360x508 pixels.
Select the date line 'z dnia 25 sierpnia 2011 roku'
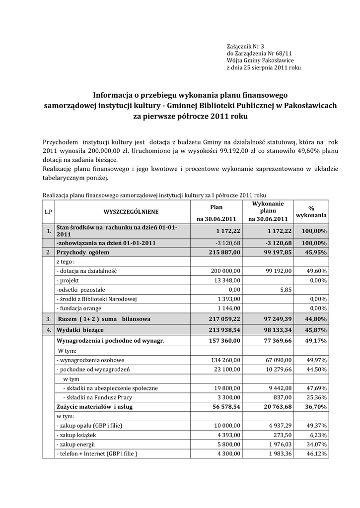tap(264, 67)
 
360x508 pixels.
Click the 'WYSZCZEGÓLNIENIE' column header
tap(131, 212)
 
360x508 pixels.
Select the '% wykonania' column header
tap(311, 212)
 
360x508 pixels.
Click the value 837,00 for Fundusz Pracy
tap(283, 397)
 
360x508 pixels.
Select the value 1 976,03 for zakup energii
tap(279, 444)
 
